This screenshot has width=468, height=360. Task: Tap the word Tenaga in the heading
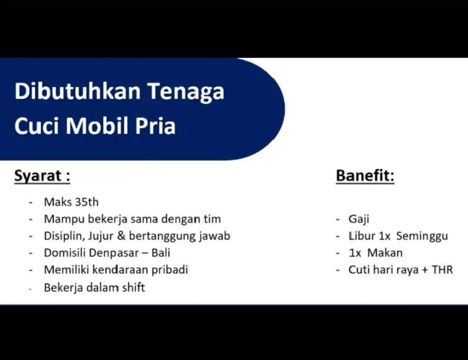186,91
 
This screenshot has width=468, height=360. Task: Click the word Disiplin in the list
62,236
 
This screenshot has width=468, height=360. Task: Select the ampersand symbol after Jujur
121,236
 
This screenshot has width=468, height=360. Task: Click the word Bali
161,253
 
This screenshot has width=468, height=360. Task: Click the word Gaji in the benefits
359,219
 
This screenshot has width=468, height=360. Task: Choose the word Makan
385,253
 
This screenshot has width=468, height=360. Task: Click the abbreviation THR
442,270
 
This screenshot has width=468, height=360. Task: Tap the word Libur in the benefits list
358,236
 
